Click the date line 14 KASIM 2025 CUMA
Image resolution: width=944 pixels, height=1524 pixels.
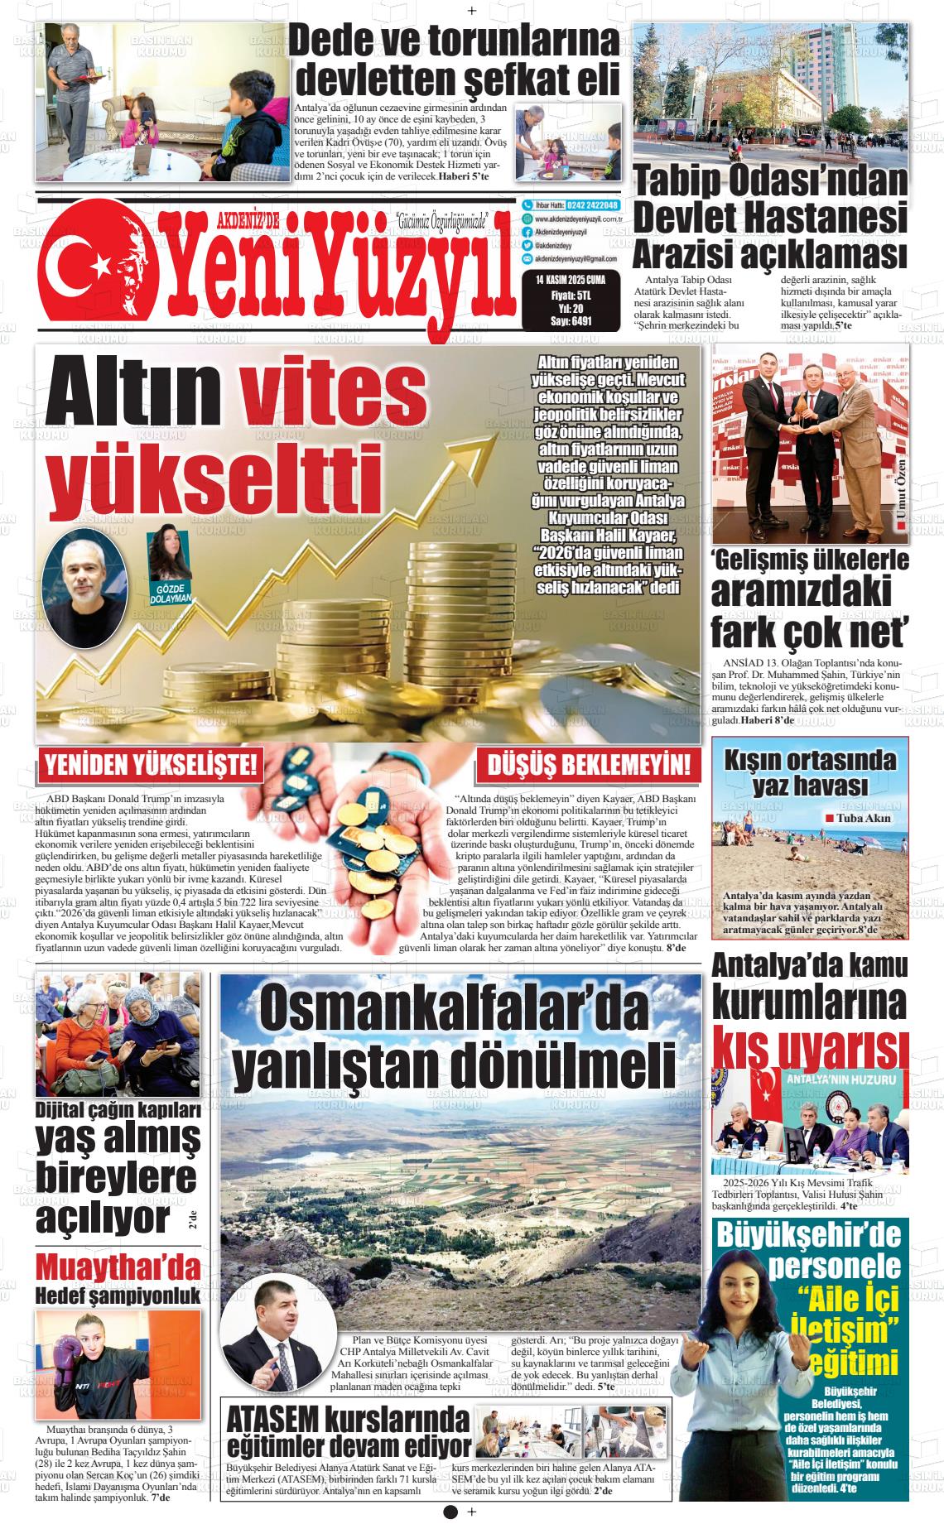click(x=571, y=280)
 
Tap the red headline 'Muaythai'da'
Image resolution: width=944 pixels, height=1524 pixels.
click(x=118, y=1267)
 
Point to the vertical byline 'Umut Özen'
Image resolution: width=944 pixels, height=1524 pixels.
click(x=902, y=492)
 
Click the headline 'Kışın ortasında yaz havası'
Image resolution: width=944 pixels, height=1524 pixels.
click(x=810, y=772)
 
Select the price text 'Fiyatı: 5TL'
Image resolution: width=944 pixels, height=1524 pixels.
click(x=571, y=294)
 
